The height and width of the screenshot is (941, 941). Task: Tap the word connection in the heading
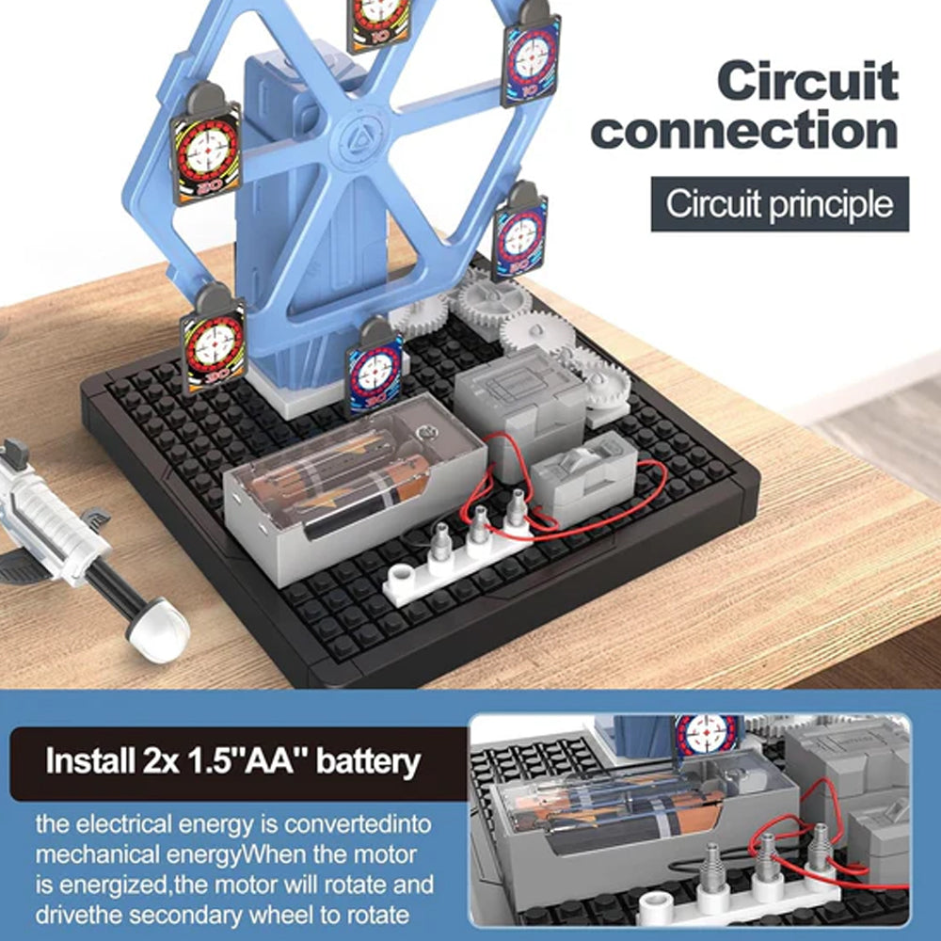744,129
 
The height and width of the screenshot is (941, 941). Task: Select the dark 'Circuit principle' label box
779,204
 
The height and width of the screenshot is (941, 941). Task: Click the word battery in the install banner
368,762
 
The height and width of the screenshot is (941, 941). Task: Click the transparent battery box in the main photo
356,480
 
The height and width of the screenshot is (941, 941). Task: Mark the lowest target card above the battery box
375,367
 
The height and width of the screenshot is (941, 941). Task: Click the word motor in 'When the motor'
384,854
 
